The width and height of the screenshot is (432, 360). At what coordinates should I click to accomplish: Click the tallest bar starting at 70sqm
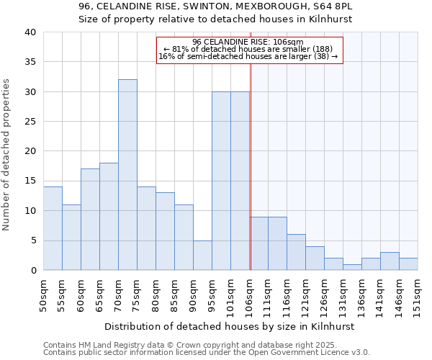pyautogui.click(x=127, y=175)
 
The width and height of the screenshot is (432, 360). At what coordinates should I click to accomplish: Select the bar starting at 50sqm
pyautogui.click(x=53, y=228)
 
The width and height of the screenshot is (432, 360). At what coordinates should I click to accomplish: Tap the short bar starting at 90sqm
pyautogui.click(x=202, y=255)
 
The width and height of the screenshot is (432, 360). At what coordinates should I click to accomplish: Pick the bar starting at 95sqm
pyautogui.click(x=221, y=181)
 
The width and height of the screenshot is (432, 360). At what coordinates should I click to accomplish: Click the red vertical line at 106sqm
pyautogui.click(x=250, y=166)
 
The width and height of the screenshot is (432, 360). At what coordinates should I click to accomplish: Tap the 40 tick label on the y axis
pyautogui.click(x=30, y=32)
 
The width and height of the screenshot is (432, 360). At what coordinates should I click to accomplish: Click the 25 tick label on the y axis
pyautogui.click(x=30, y=122)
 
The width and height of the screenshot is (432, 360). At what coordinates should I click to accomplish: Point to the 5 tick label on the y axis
pyautogui.click(x=33, y=240)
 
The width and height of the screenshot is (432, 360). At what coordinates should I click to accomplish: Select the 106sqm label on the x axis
pyautogui.click(x=250, y=295)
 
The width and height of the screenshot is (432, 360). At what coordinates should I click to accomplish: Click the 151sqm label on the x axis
pyautogui.click(x=418, y=295)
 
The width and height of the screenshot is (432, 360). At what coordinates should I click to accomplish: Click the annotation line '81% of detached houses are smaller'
pyautogui.click(x=249, y=49)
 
